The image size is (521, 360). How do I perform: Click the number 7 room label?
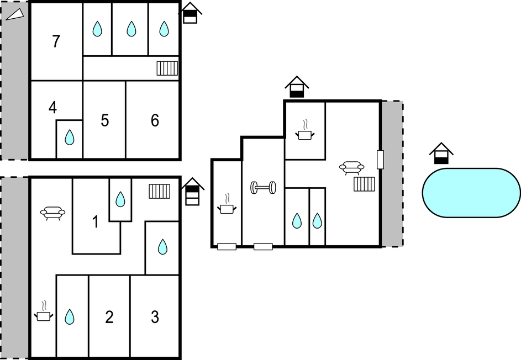(56, 41)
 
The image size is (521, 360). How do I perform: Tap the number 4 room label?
(52, 107)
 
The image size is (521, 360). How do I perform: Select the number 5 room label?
(105, 120)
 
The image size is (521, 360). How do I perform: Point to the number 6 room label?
(155, 120)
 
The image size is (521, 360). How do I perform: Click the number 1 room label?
(95, 223)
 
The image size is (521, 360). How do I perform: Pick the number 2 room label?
(109, 317)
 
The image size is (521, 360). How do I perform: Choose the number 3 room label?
(155, 317)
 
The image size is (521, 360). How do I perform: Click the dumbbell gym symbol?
(263, 188)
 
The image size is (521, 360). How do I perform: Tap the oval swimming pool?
(471, 193)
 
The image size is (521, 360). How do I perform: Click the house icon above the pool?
(441, 153)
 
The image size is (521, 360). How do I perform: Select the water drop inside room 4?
(69, 137)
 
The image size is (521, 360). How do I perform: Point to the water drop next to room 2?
(69, 316)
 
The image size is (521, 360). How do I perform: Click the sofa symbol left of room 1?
(53, 213)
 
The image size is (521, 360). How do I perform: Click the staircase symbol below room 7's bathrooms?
(167, 68)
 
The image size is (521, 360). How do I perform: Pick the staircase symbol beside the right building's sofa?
(365, 184)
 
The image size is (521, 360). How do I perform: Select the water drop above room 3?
(162, 246)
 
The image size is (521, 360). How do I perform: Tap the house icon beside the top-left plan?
(191, 13)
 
